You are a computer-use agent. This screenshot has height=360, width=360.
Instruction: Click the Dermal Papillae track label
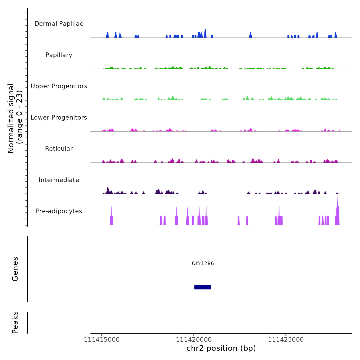pos(59,24)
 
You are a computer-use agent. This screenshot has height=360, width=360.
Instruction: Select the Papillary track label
pos(59,55)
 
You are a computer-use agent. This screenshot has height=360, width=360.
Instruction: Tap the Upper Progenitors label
pos(59,86)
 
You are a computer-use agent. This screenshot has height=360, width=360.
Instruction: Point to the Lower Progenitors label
pos(59,118)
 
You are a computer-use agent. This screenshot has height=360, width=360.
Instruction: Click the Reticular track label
pos(59,149)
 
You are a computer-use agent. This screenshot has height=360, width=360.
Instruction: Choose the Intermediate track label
pos(59,180)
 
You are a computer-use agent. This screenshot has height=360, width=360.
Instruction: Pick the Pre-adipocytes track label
pos(59,211)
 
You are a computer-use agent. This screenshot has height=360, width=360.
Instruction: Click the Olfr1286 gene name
pos(203,263)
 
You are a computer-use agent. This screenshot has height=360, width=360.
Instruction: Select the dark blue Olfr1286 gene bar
pos(203,287)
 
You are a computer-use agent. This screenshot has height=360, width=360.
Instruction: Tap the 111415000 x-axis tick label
pos(102,340)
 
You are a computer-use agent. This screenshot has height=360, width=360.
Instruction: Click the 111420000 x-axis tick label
pos(194,340)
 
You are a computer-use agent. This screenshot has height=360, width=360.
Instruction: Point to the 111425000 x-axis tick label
pos(286,340)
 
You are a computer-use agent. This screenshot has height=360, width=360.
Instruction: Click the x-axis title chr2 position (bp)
pos(221,348)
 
